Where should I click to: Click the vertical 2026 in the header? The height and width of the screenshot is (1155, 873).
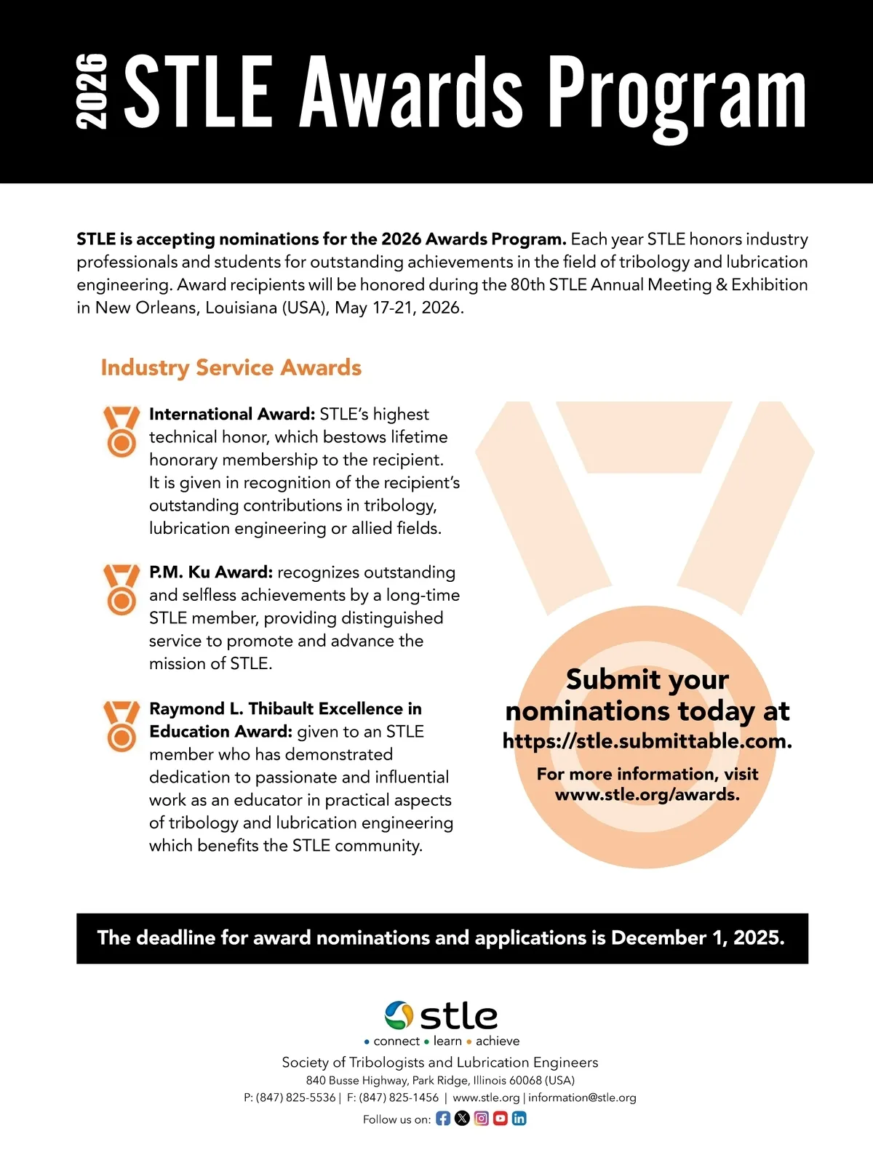click(92, 92)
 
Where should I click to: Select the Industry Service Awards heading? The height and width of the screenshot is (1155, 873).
click(231, 367)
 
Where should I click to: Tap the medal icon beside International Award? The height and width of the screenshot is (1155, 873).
click(121, 431)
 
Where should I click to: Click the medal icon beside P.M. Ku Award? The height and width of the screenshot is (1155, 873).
click(121, 589)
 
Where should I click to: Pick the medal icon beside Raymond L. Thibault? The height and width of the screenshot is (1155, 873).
click(121, 725)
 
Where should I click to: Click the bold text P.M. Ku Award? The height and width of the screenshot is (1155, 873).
click(211, 572)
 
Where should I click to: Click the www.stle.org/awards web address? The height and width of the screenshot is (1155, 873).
click(647, 794)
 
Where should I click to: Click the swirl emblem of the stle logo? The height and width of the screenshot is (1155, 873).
click(399, 1015)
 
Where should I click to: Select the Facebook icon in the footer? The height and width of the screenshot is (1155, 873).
click(443, 1119)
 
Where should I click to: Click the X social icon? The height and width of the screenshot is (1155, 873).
click(462, 1119)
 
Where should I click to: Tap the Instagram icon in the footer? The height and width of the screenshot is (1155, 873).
click(481, 1119)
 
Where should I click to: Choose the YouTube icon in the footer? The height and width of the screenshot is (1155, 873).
click(500, 1119)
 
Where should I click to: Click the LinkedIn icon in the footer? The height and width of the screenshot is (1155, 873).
click(519, 1119)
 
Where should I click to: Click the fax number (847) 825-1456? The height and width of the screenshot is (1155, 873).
click(399, 1098)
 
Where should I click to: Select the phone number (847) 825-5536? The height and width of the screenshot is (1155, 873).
click(295, 1098)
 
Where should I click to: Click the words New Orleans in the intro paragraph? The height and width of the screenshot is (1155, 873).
click(148, 307)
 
